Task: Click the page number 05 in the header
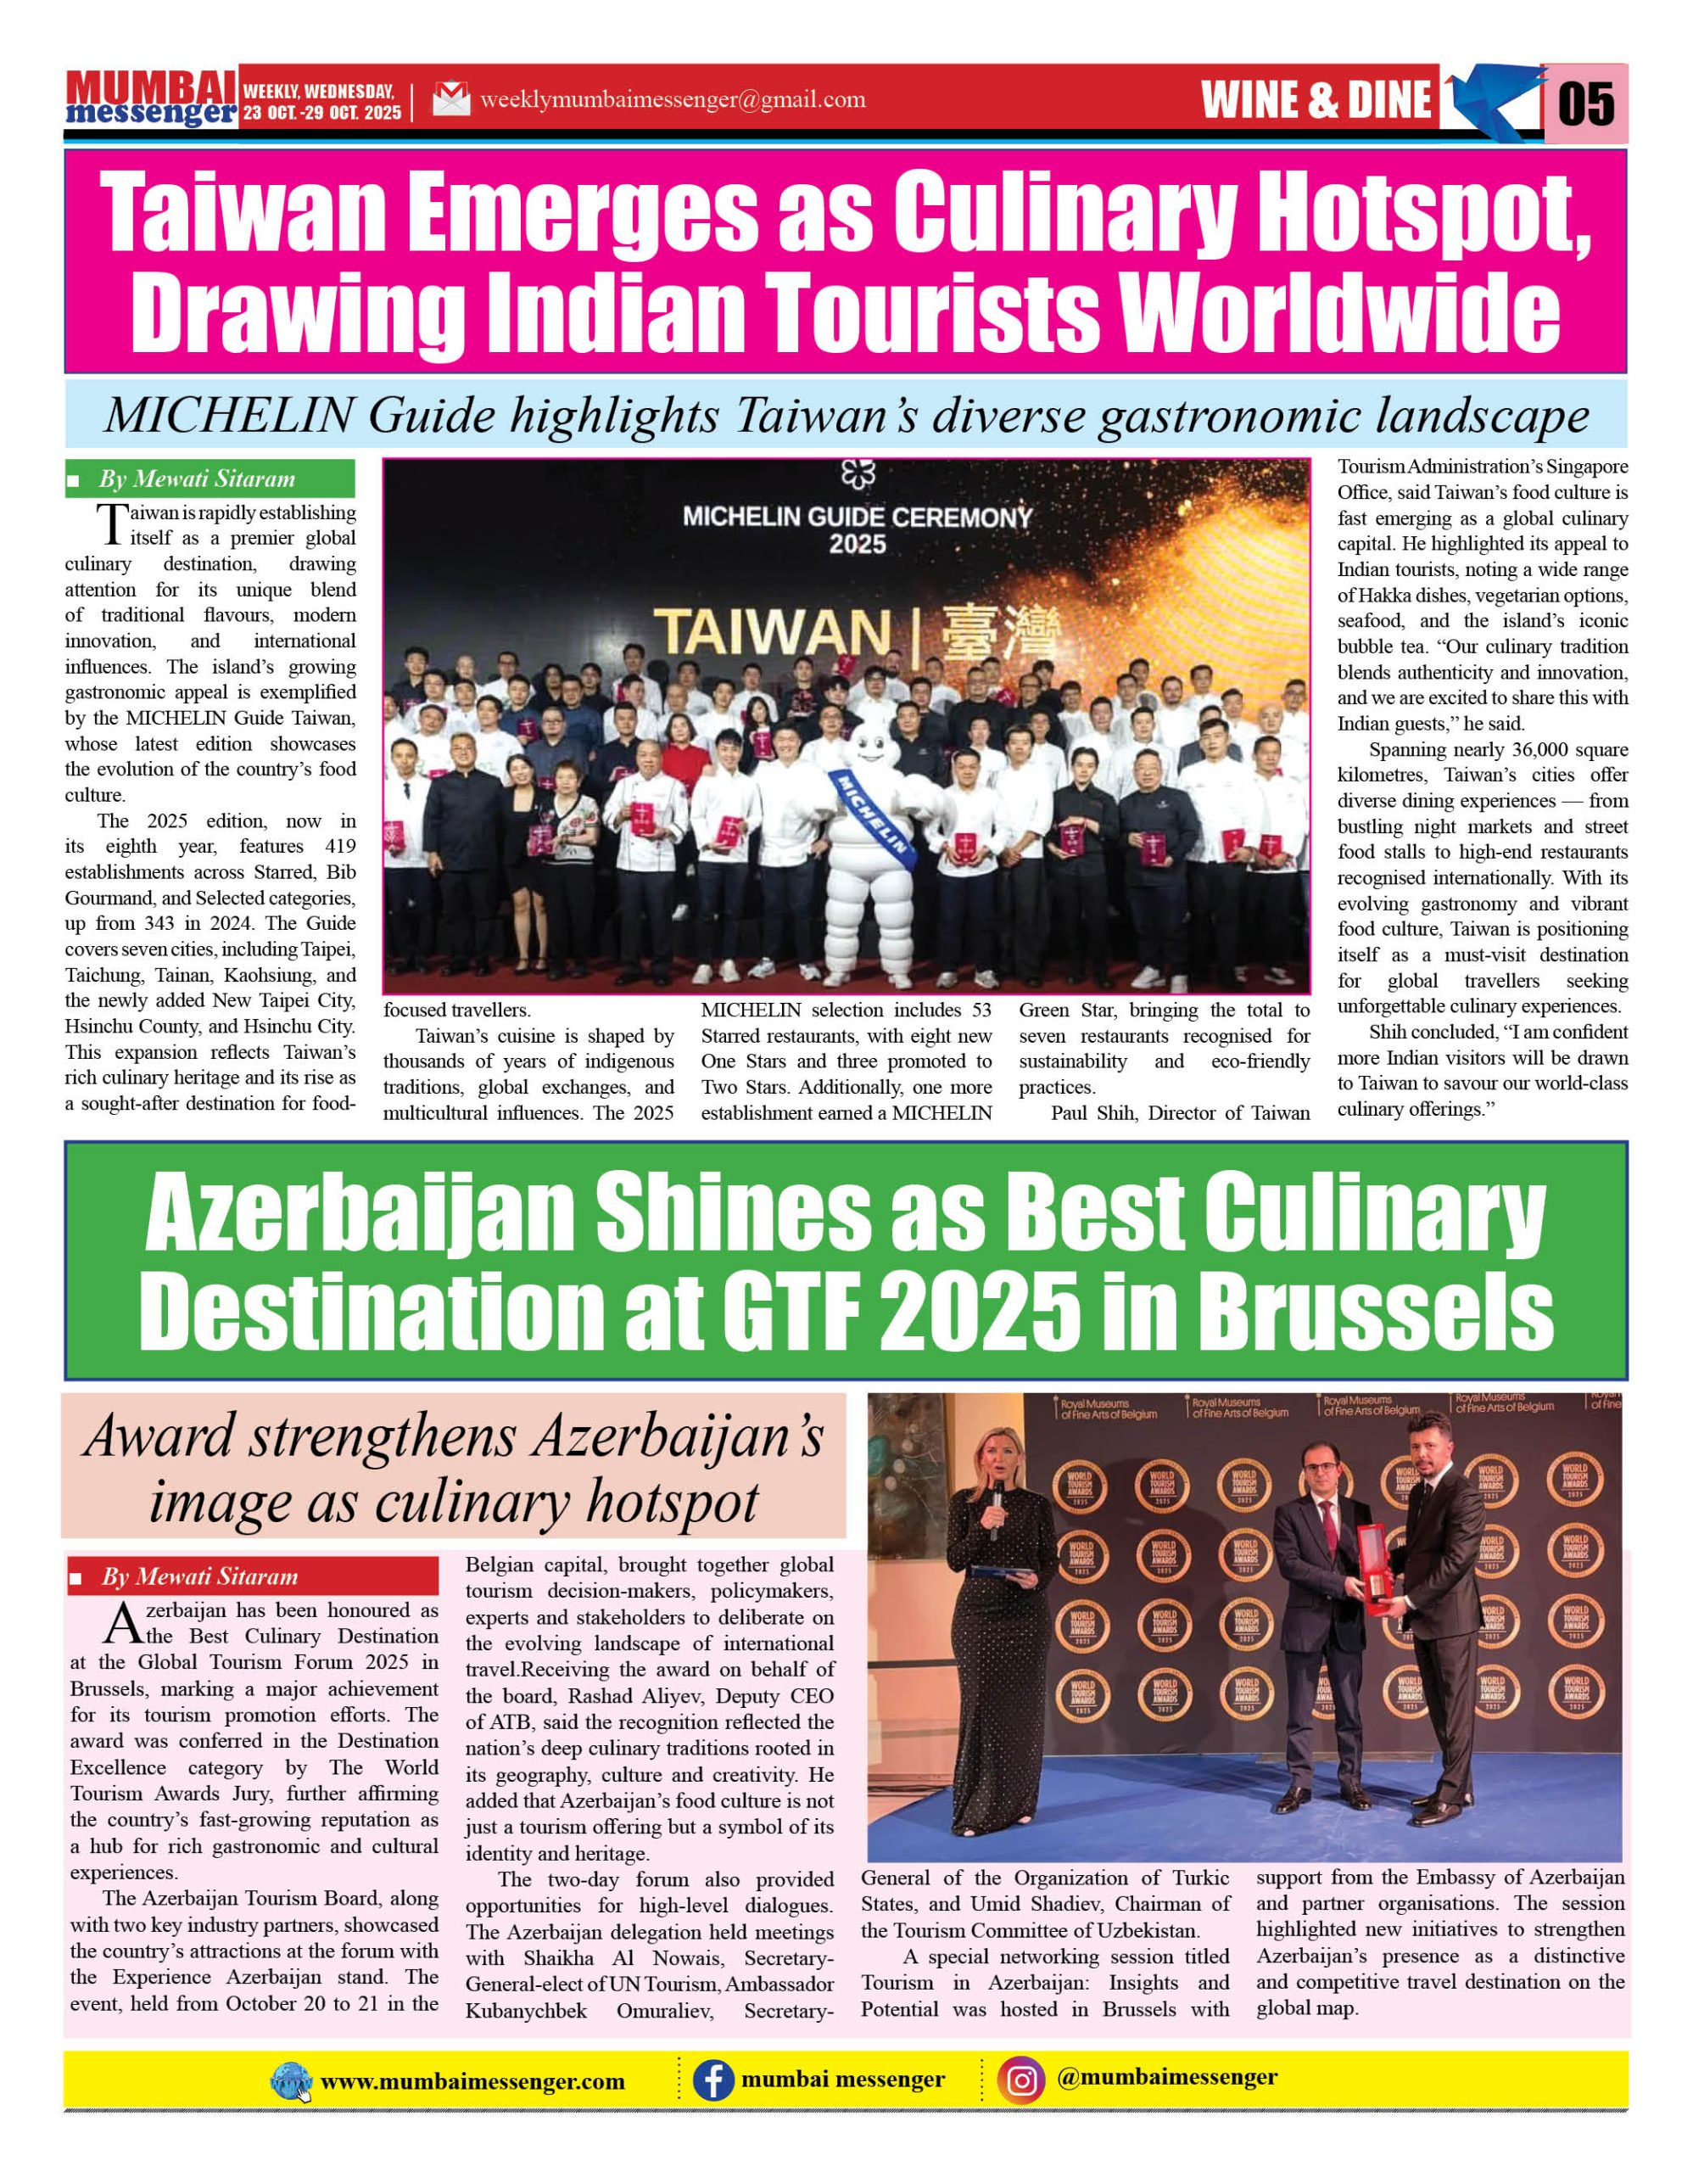(1584, 104)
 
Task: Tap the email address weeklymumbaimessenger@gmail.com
(672, 99)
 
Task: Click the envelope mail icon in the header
(451, 99)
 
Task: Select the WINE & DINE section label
(1316, 99)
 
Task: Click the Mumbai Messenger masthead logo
(151, 99)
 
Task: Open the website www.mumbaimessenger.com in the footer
(472, 2081)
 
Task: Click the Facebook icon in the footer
(712, 2080)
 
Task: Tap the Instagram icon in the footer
(1021, 2080)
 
